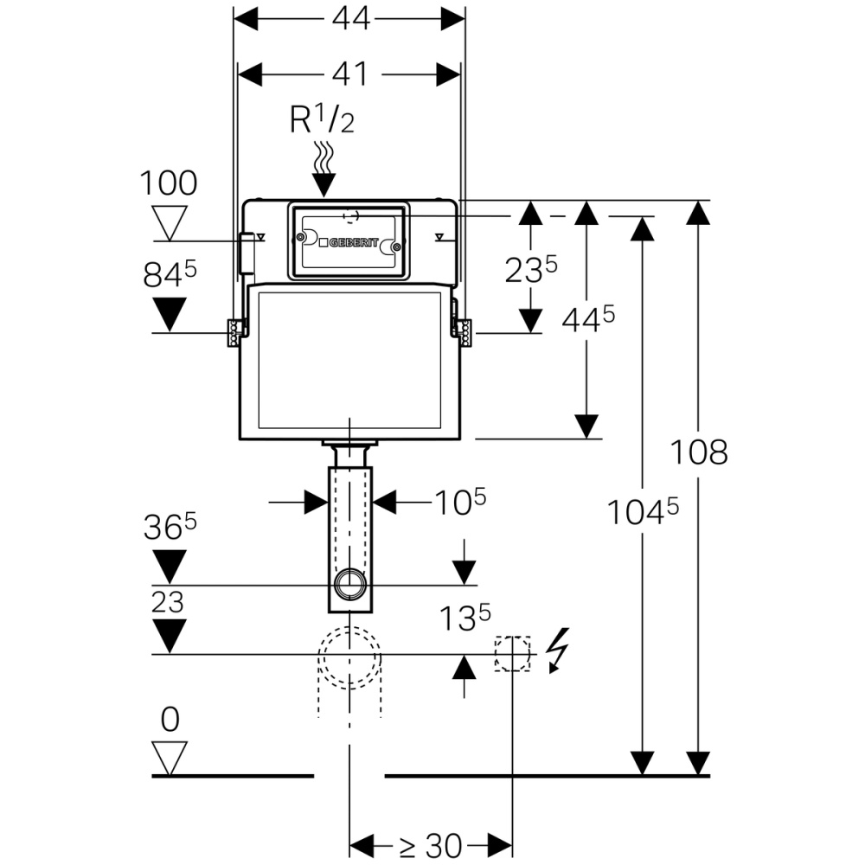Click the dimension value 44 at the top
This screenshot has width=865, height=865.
coord(349,19)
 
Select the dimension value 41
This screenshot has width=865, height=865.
coord(349,74)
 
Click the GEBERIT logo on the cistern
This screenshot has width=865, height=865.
coord(349,243)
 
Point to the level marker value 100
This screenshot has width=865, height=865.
coord(170,183)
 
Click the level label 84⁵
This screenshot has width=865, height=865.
coord(170,276)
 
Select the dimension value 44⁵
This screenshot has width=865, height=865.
coord(588,319)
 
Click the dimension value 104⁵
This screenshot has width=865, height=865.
coord(641,512)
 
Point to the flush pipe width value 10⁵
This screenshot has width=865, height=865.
coord(458,502)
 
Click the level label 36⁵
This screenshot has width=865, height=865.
coord(170,529)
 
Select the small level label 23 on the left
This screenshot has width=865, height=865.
coord(168,603)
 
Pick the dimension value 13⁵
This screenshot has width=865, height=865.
coord(464,618)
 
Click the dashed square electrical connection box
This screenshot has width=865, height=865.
coord(512,654)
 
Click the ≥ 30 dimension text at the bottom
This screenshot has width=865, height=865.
coord(431,843)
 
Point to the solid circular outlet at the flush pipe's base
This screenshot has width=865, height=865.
coord(349,584)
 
